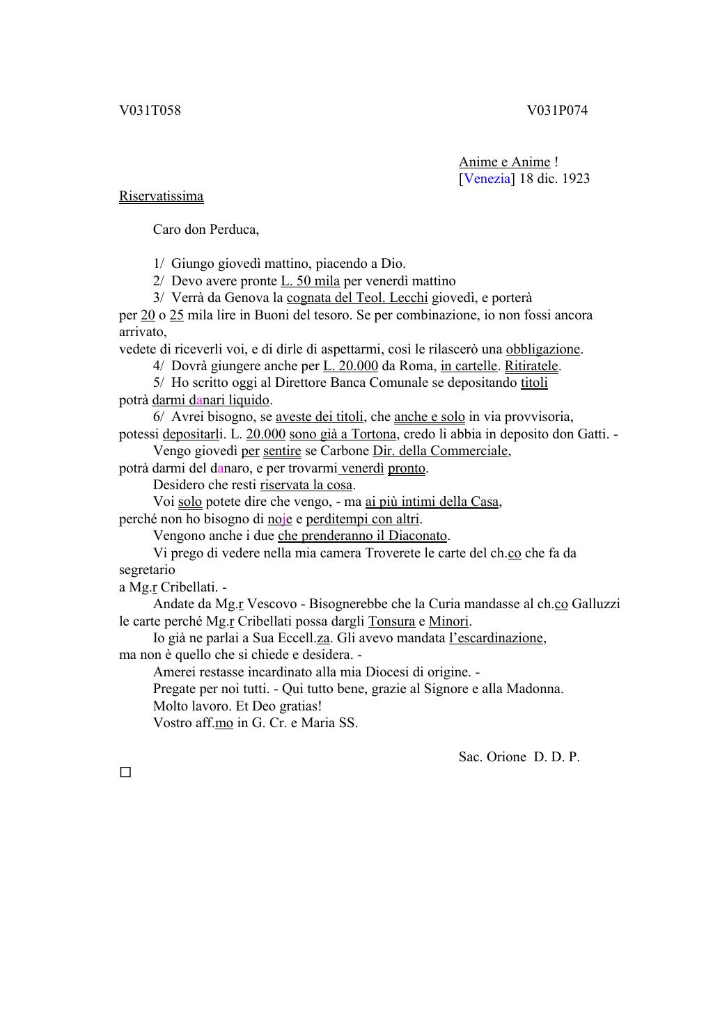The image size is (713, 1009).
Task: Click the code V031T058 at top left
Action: click(x=150, y=111)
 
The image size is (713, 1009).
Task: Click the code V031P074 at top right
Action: click(x=557, y=111)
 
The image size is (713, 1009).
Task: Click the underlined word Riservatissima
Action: click(x=161, y=196)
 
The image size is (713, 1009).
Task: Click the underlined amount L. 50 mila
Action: click(x=310, y=281)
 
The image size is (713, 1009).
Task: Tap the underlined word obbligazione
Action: click(x=543, y=349)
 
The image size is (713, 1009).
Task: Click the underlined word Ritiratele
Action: click(x=532, y=366)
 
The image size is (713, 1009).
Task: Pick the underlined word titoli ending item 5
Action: click(x=534, y=383)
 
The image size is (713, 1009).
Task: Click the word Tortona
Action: click(x=373, y=434)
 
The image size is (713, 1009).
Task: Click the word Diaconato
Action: click(x=417, y=536)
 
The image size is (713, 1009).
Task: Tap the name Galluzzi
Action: click(x=595, y=604)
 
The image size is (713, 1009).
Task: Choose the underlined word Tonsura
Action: click(x=391, y=621)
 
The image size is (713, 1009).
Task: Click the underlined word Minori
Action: click(x=448, y=621)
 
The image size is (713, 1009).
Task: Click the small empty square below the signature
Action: click(x=125, y=772)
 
